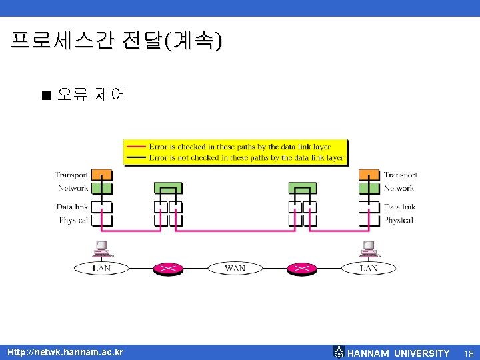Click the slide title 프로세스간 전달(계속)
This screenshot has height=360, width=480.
pos(117,41)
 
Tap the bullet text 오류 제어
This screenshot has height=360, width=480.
pos(91,95)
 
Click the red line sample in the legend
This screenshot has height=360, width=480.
pos(136,147)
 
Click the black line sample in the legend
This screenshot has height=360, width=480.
pos(136,158)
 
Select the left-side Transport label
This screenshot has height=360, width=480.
pos(71,175)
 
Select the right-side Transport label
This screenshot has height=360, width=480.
pos(400,175)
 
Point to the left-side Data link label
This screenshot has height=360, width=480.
pos(72,207)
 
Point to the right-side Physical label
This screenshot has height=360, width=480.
pos(399,220)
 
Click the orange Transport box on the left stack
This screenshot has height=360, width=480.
pos(102,175)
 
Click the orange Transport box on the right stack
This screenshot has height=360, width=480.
pos(369,175)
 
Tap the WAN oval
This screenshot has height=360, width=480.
pos(235,268)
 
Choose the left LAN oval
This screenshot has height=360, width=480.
pos(101,268)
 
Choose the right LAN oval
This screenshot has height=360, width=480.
pos(369,268)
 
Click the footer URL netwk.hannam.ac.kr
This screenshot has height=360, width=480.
pos(65,352)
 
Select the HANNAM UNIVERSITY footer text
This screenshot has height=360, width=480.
pos(399,353)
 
